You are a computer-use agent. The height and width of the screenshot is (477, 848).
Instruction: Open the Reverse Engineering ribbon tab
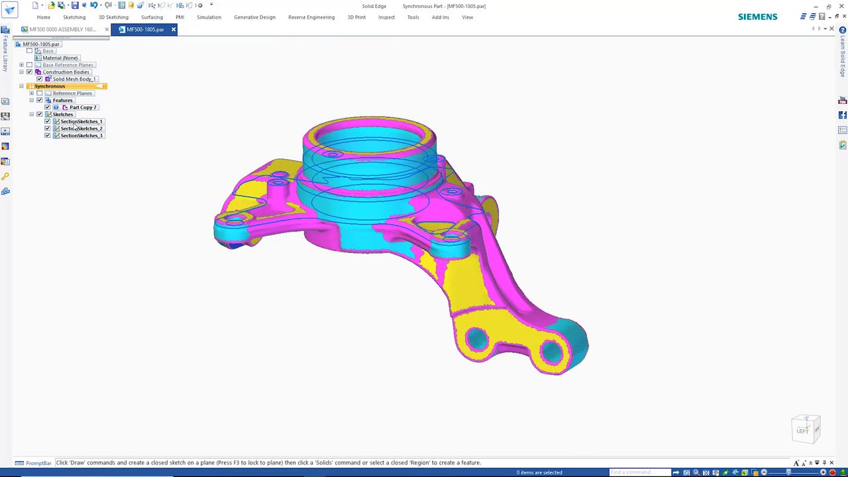click(311, 17)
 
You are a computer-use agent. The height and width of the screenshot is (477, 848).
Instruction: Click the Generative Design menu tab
click(254, 17)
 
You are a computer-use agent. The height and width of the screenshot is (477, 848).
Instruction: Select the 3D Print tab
click(356, 17)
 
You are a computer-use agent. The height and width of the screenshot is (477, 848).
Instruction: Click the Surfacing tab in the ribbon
click(152, 17)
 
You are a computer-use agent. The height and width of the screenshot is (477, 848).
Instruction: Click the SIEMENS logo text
click(757, 17)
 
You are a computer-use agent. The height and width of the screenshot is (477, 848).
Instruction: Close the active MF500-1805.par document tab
click(174, 29)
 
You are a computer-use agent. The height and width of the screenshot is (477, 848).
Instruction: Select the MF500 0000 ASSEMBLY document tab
click(62, 29)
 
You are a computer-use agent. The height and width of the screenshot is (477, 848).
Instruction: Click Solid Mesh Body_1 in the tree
click(74, 79)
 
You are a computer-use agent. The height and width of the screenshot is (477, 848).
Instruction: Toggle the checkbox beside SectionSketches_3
click(47, 136)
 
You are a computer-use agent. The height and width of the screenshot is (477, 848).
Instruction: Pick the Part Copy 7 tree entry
click(83, 107)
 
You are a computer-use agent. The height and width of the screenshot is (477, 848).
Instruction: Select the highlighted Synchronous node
click(50, 86)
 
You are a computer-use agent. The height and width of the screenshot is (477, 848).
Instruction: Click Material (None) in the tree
click(60, 58)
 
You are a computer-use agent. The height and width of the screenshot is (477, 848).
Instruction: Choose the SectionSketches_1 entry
click(81, 121)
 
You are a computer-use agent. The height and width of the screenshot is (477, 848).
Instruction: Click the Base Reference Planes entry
click(68, 65)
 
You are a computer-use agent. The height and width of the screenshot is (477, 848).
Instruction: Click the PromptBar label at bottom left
click(38, 463)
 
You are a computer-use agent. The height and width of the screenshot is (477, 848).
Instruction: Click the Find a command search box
click(639, 472)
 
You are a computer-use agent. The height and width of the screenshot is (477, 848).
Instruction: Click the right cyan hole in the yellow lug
click(551, 351)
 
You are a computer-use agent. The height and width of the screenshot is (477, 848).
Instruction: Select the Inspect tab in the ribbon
click(386, 17)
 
